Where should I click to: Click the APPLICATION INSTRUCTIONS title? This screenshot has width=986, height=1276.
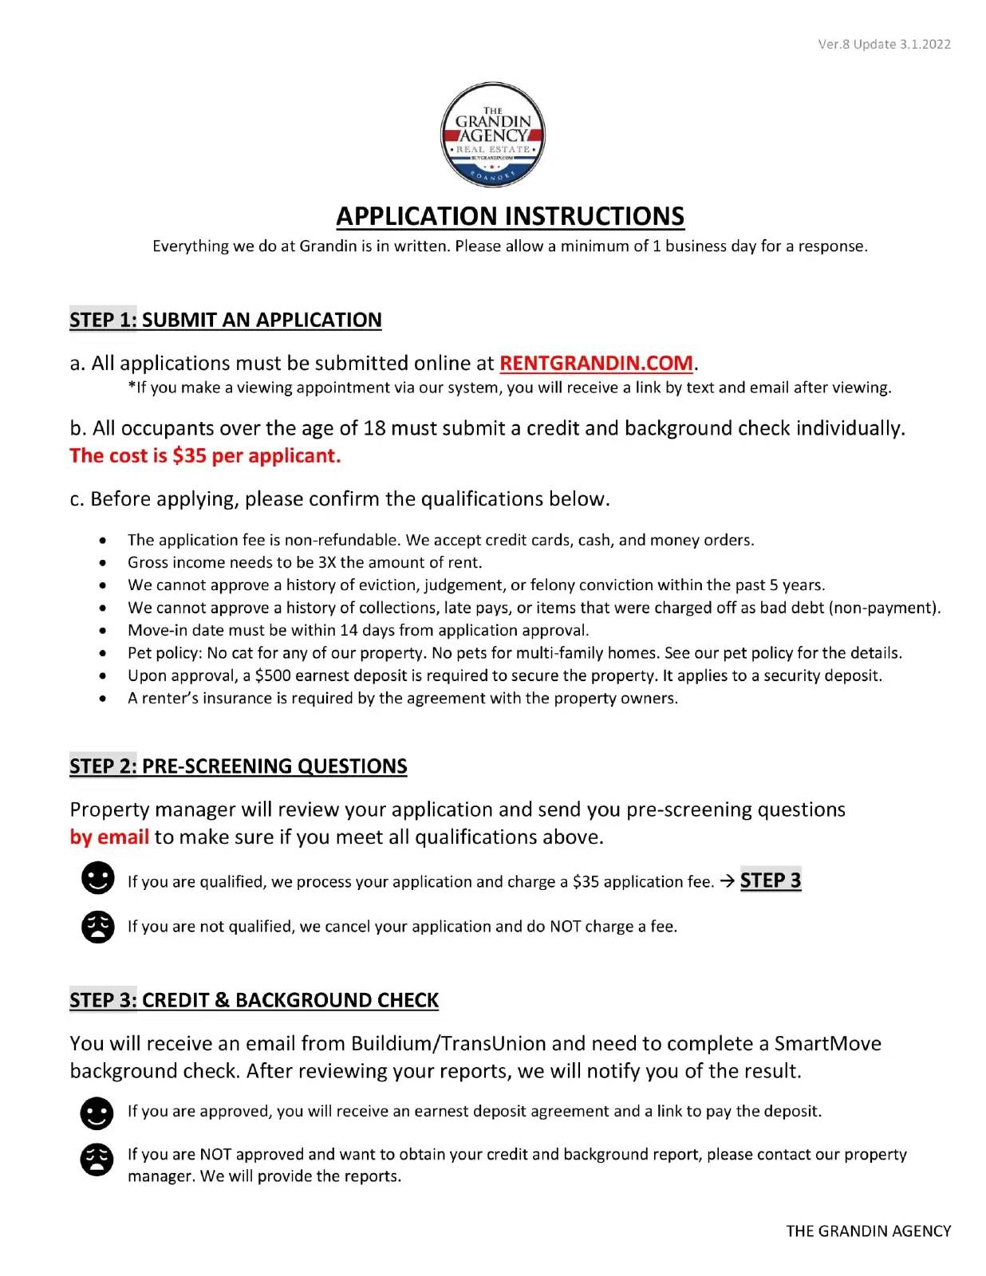510,216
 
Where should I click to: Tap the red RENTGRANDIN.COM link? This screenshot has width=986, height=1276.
596,363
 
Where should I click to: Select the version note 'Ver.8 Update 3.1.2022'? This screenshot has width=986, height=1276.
884,44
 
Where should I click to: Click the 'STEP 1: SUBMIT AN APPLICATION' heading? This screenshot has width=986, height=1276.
226,320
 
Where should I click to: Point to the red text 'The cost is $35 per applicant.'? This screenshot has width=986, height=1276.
205,455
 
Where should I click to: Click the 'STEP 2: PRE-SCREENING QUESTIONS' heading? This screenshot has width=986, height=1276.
239,766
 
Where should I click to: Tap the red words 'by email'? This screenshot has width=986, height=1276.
109,837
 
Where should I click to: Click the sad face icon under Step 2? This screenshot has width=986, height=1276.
97,927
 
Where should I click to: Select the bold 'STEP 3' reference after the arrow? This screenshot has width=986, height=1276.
771,880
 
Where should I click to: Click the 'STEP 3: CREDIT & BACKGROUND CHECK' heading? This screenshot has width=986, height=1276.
254,1000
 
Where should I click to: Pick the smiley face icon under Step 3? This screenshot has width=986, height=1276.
97,1113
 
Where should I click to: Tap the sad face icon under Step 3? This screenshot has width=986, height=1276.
97,1159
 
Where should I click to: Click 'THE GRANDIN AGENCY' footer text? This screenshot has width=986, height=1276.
868,1231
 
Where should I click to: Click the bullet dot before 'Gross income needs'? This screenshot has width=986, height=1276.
104,563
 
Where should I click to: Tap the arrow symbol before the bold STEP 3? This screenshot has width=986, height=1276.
727,881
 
